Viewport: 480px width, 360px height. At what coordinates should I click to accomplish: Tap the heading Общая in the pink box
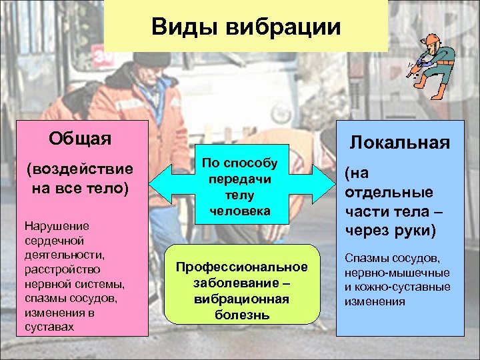80,138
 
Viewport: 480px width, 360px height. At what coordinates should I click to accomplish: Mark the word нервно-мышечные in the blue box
397,273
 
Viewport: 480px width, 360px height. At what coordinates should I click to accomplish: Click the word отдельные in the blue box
389,192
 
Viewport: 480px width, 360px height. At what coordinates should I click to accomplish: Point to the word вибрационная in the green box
242,299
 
